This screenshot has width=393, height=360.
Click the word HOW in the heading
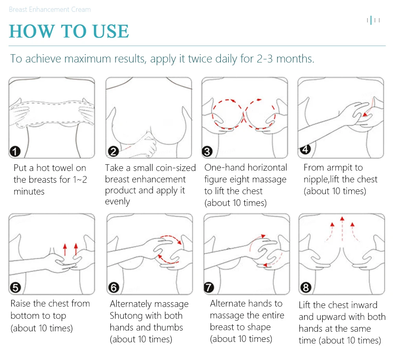tap(31, 31)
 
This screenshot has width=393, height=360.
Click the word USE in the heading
tap(110, 31)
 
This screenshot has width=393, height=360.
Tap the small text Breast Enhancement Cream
tap(50, 9)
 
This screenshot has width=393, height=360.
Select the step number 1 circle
tap(15, 152)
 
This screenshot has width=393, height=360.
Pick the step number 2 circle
tap(113, 152)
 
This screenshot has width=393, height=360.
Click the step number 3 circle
tap(207, 152)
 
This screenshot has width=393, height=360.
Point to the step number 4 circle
tap(305, 149)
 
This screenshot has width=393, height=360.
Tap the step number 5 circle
tap(15, 288)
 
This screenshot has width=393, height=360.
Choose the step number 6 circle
tap(114, 288)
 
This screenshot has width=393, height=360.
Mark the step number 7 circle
tap(209, 288)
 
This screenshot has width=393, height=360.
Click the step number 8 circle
tap(306, 288)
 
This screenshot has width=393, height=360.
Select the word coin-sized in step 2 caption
tap(164, 168)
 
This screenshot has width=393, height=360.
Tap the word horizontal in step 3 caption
tap(267, 167)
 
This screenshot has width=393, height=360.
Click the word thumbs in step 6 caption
tap(168, 327)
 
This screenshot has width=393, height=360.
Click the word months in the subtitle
tap(295, 59)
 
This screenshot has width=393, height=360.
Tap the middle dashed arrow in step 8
tap(342, 229)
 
